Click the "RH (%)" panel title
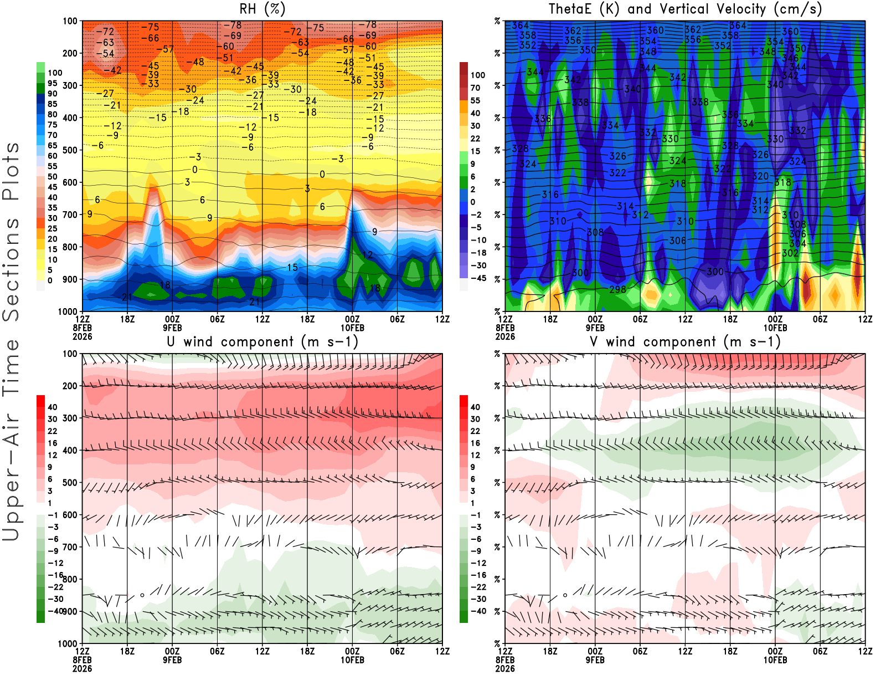click(262, 9)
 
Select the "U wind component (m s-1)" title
click(262, 342)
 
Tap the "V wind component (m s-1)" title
click(685, 342)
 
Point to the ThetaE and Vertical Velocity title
click(685, 9)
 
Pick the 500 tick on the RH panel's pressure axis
click(70, 150)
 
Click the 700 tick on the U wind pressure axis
click(70, 547)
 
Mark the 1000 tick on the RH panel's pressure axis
click(68, 311)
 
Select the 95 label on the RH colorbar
click(52, 83)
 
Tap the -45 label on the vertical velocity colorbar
click(478, 278)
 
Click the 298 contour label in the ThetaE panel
click(617, 289)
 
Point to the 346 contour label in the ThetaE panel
click(790, 58)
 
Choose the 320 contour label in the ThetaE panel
click(760, 176)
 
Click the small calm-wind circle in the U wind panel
click(142, 595)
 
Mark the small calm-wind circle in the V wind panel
click(565, 595)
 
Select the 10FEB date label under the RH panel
click(352, 328)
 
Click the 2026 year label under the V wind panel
click(505, 669)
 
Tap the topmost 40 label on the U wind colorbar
click(53, 407)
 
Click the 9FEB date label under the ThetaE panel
click(595, 328)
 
